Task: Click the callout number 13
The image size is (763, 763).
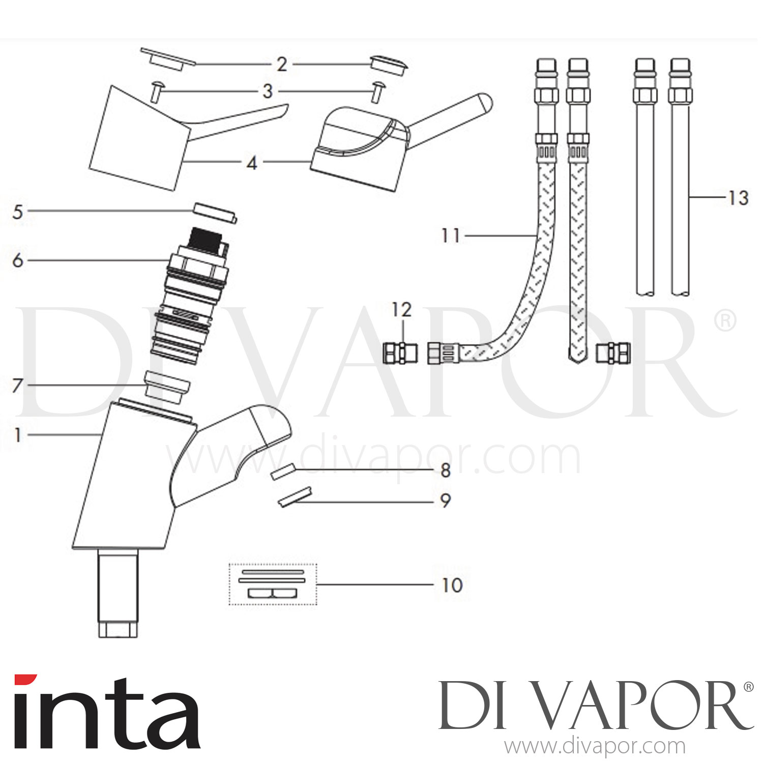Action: (738, 198)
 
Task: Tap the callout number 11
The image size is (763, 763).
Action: (451, 236)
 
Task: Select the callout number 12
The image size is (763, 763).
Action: (401, 310)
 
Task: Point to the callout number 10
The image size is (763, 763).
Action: (452, 585)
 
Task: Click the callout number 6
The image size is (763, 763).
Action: (18, 260)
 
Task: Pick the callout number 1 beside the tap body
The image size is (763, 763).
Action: (18, 435)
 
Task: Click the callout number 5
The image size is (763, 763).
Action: (18, 212)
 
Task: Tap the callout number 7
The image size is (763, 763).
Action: (18, 386)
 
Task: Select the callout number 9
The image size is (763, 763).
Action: (445, 501)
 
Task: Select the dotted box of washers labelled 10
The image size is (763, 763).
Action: (273, 584)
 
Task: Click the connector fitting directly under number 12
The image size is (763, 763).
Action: (399, 353)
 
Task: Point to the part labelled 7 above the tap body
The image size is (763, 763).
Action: (167, 385)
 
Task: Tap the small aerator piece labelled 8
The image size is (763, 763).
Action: (282, 472)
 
